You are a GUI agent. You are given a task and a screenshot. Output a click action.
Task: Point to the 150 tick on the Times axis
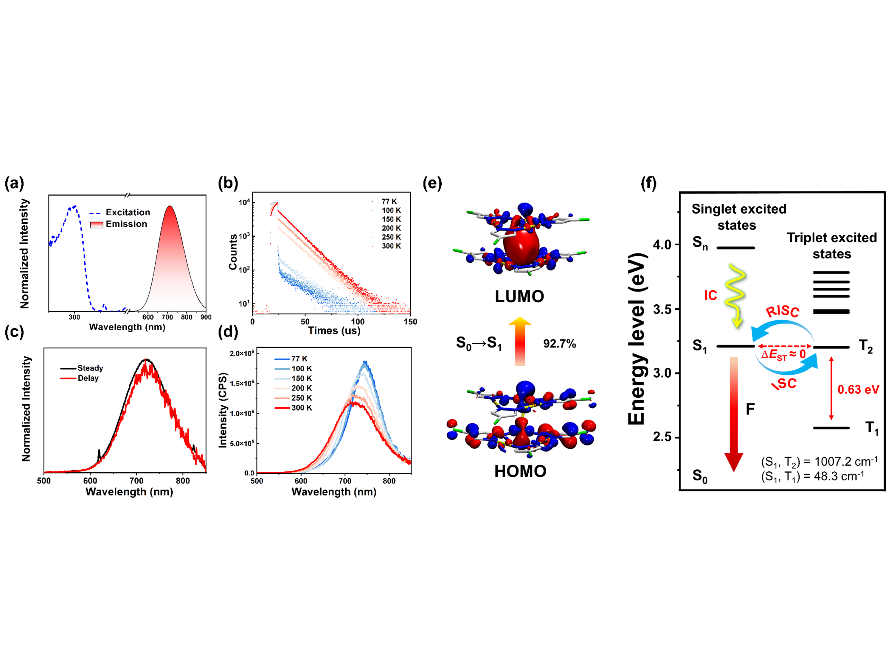pos(410,322)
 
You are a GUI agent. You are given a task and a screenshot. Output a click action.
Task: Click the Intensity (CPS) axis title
pos(223,410)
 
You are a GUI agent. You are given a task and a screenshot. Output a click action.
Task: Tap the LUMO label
pos(519,296)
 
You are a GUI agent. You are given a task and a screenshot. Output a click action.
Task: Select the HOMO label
pos(520,471)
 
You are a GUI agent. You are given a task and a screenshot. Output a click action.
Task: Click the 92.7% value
pos(559,344)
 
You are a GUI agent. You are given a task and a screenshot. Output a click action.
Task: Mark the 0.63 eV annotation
pos(858,390)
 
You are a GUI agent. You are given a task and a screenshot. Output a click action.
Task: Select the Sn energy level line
pos(735,247)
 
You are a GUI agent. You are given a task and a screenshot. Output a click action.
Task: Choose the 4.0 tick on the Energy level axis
pos(662,245)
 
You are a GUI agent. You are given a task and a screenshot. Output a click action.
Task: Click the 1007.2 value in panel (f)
pos(834,462)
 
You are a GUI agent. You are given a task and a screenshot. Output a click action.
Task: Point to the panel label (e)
pos(432,184)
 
